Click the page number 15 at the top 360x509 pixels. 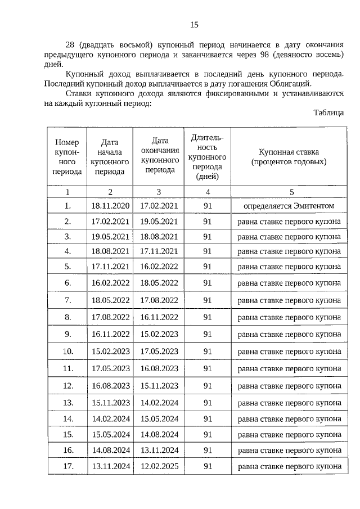click(x=194, y=24)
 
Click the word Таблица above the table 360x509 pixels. click(x=328, y=112)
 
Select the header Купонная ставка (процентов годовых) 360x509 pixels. click(x=289, y=156)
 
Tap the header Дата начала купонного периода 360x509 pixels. click(x=110, y=157)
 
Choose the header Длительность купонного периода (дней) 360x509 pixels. click(x=207, y=157)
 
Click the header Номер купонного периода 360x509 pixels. click(x=67, y=157)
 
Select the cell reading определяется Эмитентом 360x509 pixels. click(x=289, y=206)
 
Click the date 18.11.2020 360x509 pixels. click(x=110, y=206)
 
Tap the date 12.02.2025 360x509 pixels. click(x=159, y=466)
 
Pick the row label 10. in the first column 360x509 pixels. click(x=67, y=352)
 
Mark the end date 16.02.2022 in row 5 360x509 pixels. click(x=159, y=267)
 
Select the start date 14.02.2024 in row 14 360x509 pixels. click(x=110, y=418)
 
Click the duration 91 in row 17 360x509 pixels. click(x=207, y=466)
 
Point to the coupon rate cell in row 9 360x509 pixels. click(x=289, y=334)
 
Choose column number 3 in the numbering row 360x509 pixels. click(x=159, y=192)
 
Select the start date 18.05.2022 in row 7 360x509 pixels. click(x=110, y=300)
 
